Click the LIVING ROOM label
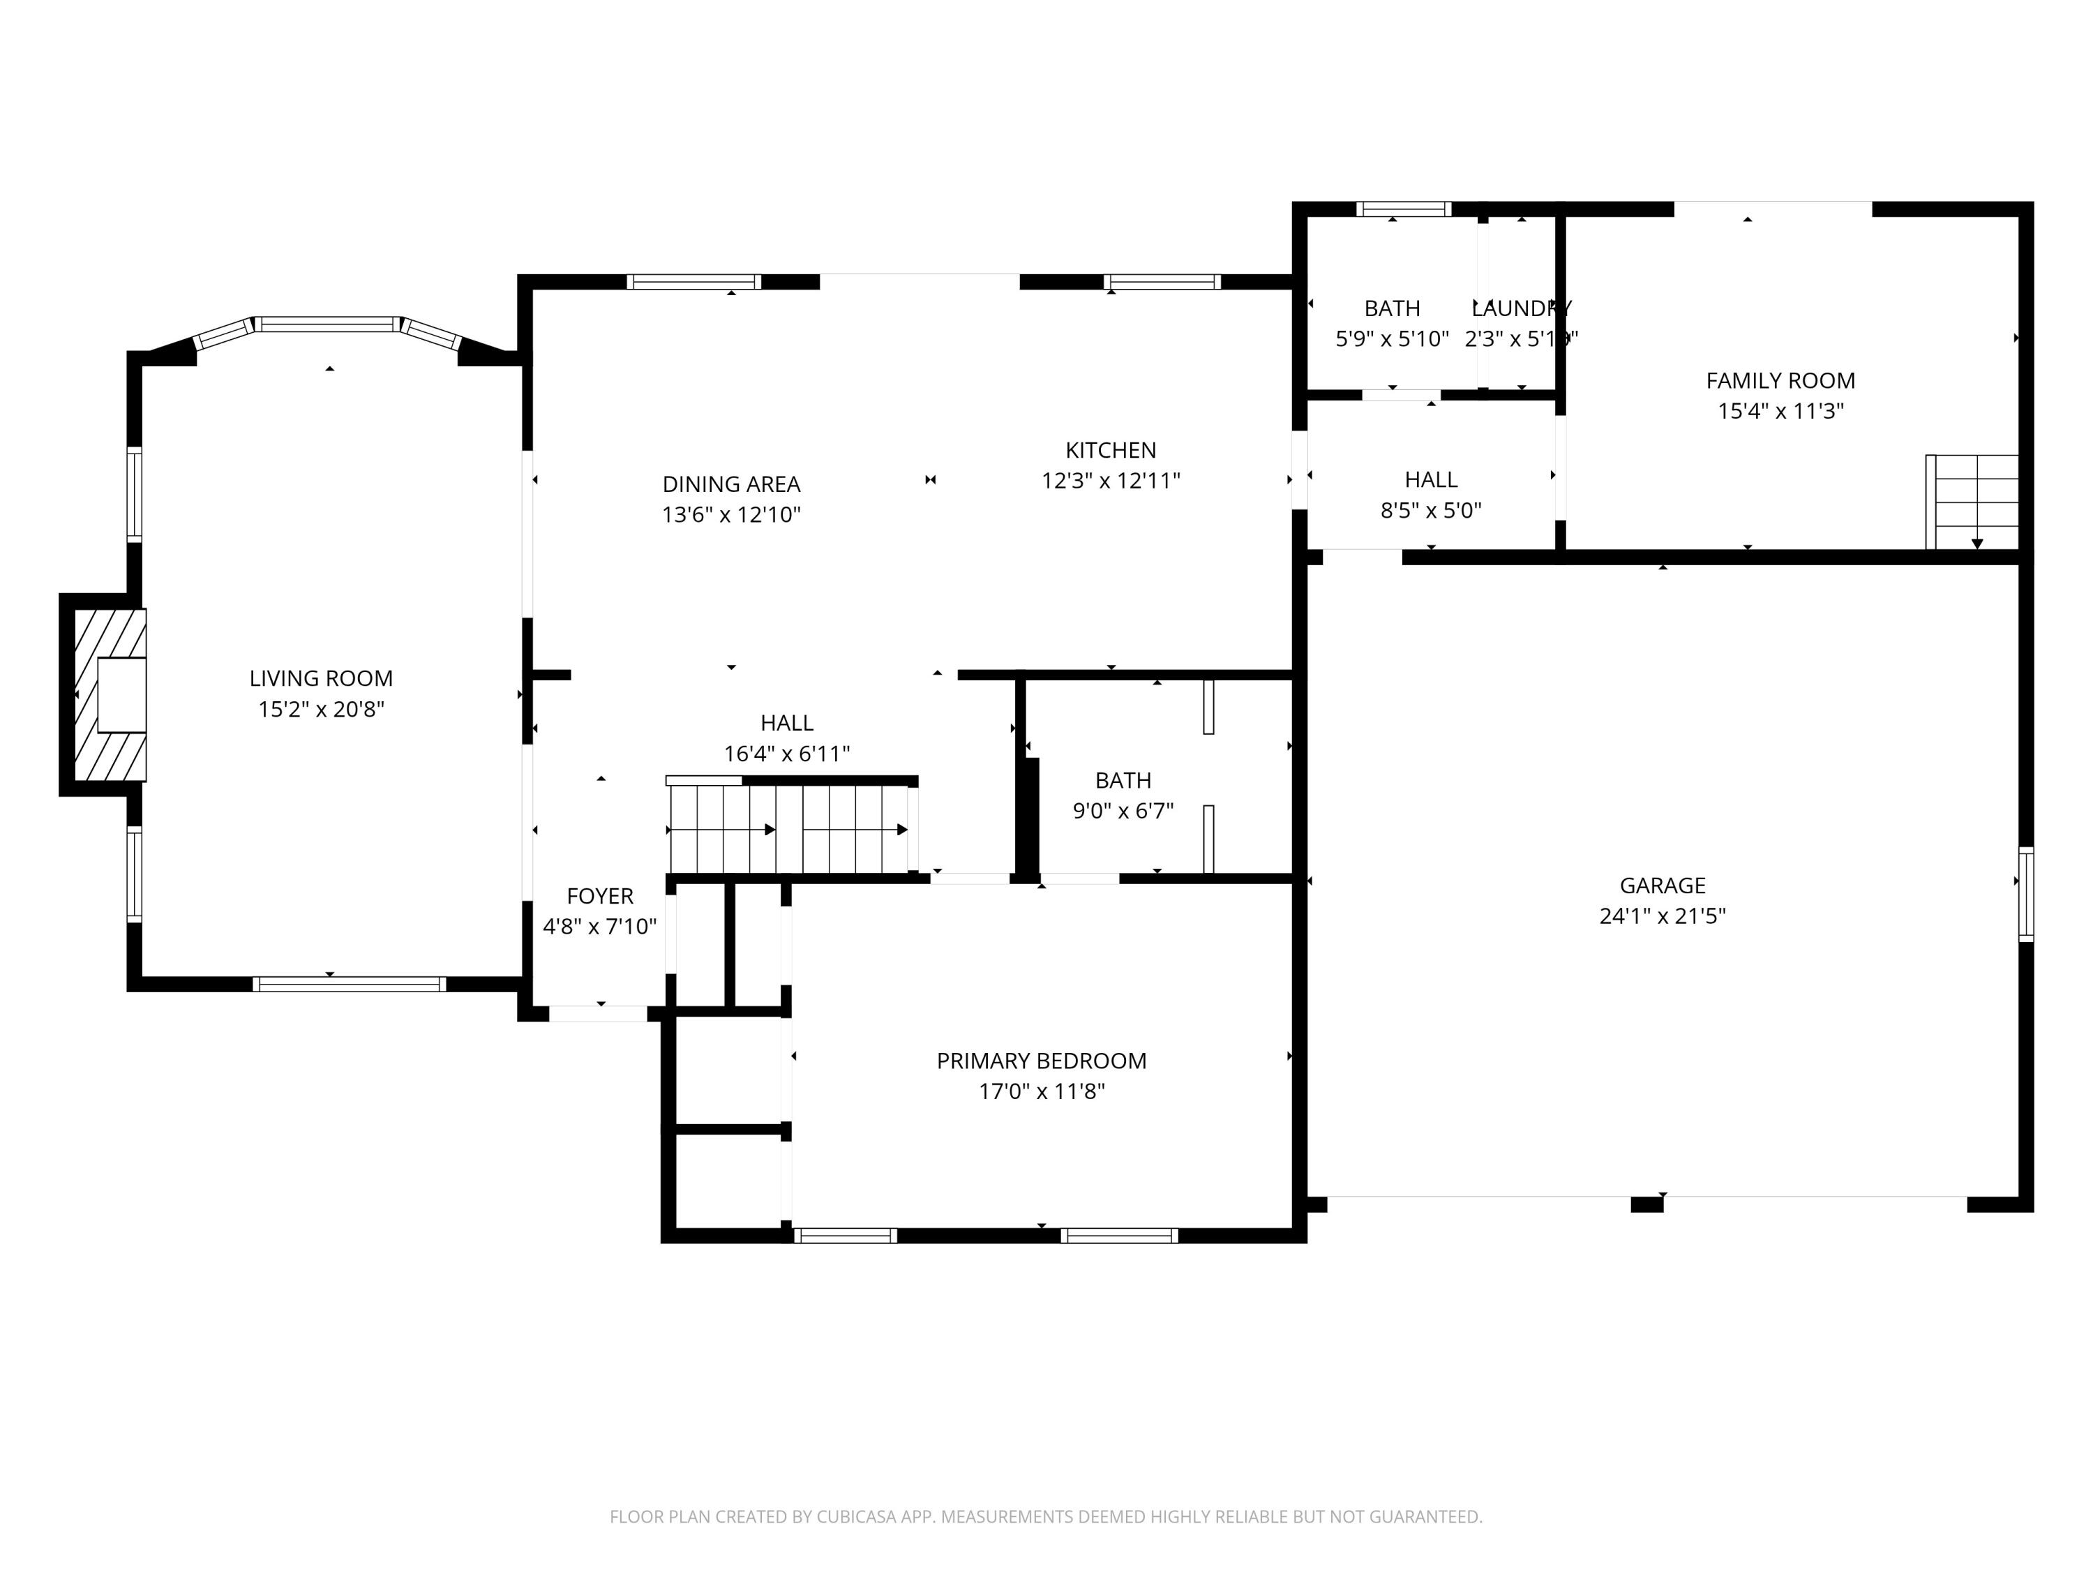[x=321, y=678]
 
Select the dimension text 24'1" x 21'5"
[x=1663, y=916]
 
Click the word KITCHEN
[x=1111, y=451]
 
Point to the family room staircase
[x=1974, y=502]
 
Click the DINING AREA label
[x=730, y=484]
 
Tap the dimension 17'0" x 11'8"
[x=1041, y=1091]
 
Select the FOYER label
[x=600, y=896]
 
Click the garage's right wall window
[x=2026, y=895]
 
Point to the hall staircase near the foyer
[x=790, y=828]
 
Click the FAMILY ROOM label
[x=1780, y=380]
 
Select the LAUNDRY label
[x=1522, y=308]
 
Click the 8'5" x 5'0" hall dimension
[x=1431, y=511]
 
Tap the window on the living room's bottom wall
[x=349, y=984]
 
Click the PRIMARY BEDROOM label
[x=1041, y=1061]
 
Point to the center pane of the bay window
[x=329, y=324]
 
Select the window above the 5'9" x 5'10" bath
[x=1403, y=209]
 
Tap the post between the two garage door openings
[x=1646, y=1204]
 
